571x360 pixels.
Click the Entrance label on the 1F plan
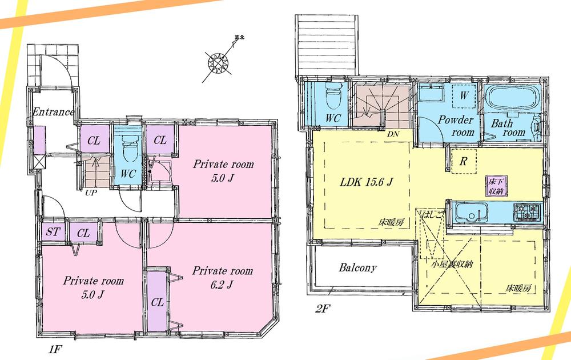pyautogui.click(x=53, y=111)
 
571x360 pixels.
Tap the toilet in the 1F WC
pyautogui.click(x=128, y=151)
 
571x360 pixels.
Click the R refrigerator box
pyautogui.click(x=464, y=161)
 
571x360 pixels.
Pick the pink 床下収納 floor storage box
pyautogui.click(x=494, y=186)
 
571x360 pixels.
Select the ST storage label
pyautogui.click(x=54, y=233)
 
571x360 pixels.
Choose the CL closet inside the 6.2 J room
pyautogui.click(x=158, y=302)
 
